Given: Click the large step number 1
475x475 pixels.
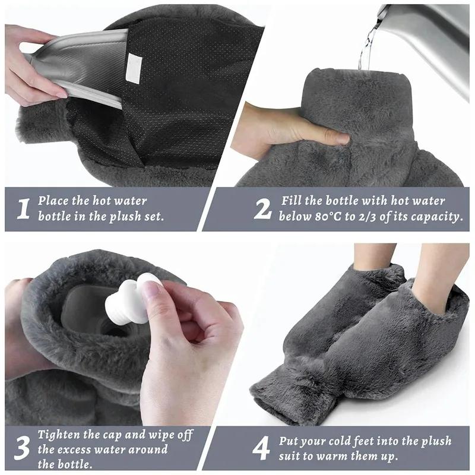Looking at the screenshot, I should click(x=23, y=210).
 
